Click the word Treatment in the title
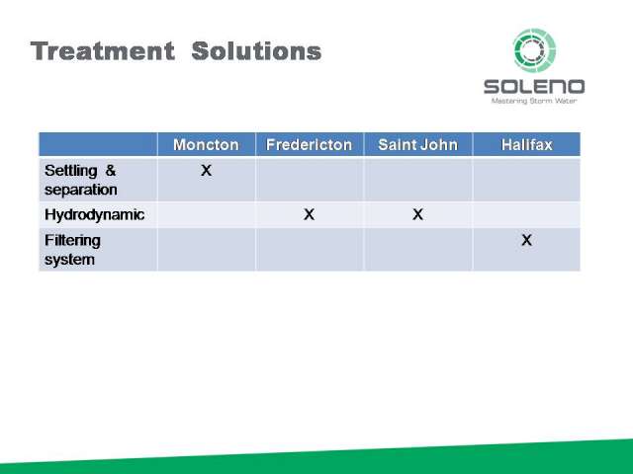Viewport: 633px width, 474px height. coord(103,51)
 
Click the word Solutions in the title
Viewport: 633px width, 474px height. coord(256,51)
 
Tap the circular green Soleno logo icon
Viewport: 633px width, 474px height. coord(534,50)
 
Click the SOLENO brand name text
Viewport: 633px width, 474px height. coord(534,87)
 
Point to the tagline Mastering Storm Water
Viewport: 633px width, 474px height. coord(534,101)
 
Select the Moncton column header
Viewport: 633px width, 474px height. coord(206,145)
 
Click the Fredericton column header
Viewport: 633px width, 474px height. coord(310,145)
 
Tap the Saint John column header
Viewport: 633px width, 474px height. coord(417,145)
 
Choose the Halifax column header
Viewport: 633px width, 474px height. coord(527,145)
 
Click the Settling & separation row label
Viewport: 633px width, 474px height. coord(81,180)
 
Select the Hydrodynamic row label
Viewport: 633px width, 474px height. coord(95,214)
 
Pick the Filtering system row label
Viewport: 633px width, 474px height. coord(72,250)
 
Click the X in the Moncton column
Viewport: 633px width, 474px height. coord(207,171)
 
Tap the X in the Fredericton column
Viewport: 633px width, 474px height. coord(310,214)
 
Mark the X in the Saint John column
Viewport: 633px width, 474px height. coord(417,214)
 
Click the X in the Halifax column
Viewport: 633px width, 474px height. coord(526,240)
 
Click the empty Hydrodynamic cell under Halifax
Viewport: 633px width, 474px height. coord(526,214)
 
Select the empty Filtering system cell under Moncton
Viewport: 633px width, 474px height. coord(207,249)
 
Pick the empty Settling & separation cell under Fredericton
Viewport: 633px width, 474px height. coord(310,180)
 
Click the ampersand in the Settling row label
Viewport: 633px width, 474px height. coord(110,171)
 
